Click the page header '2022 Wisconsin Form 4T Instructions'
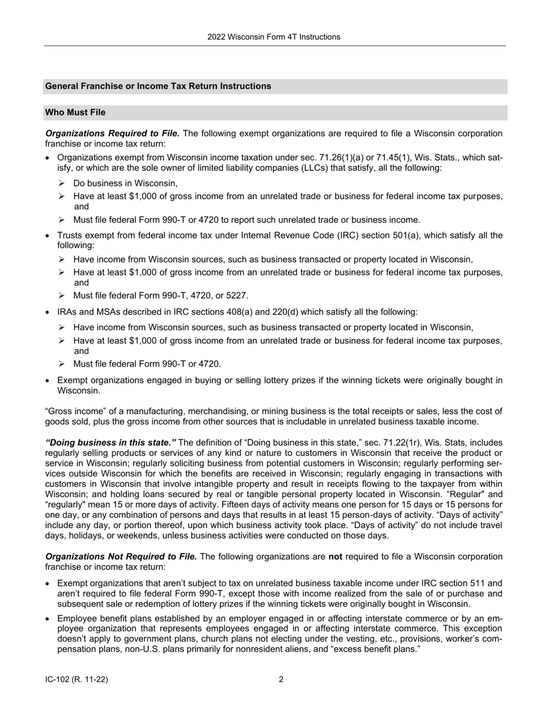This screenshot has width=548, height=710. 273,37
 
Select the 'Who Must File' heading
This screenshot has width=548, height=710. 75,113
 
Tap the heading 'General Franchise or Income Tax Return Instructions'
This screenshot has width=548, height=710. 158,86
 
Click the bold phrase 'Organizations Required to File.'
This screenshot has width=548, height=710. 112,133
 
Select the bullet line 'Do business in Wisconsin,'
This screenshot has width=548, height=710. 125,184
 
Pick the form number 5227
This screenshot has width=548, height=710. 237,296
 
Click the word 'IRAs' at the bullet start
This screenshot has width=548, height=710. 67,312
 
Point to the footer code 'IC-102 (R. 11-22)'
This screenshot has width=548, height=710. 77,679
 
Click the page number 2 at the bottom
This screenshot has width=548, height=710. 281,679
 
